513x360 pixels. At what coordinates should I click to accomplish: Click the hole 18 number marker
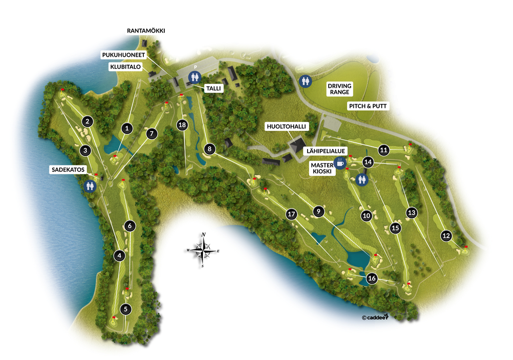(x=182, y=125)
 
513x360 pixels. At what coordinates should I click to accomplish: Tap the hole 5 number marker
(x=126, y=309)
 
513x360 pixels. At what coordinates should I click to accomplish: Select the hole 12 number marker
(x=446, y=236)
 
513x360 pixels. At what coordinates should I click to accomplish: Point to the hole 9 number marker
(x=317, y=211)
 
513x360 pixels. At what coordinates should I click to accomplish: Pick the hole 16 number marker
(x=371, y=279)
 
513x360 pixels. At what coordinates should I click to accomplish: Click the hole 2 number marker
(x=87, y=121)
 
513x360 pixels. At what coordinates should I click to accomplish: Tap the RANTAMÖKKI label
(x=146, y=31)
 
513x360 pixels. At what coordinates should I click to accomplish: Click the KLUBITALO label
(x=125, y=66)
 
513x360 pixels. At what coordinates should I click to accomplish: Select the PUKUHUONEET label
(x=124, y=55)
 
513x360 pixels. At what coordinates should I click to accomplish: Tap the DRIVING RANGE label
(x=340, y=89)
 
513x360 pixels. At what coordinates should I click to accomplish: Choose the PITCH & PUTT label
(x=369, y=106)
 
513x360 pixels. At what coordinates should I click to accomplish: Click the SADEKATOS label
(x=67, y=170)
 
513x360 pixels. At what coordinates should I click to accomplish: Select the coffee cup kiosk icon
(x=340, y=162)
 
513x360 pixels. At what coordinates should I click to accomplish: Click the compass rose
(x=203, y=249)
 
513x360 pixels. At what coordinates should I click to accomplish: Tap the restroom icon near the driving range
(x=305, y=80)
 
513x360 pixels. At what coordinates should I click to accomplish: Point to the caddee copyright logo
(x=375, y=317)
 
